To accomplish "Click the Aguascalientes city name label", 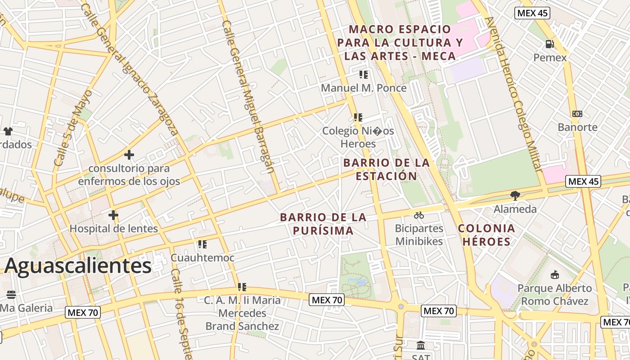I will coord(78,266).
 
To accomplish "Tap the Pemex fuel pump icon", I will coord(549,44).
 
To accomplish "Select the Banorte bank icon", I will coord(577,114).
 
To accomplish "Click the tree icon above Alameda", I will coord(515,195).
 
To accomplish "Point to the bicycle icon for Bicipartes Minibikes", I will coord(419,215).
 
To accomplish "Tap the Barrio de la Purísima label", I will coord(323,224).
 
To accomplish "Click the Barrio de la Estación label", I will coord(387,169).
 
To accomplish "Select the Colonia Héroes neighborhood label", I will coord(486,235).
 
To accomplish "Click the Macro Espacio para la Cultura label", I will coord(400,43).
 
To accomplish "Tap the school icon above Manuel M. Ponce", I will coord(364,74).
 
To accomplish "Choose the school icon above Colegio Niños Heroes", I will coord(358,117).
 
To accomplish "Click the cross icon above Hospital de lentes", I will coord(113,215).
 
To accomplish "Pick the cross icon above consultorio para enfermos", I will coord(129,155).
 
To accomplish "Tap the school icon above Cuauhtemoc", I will coord(202,244).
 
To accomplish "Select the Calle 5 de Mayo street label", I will coord(73,128).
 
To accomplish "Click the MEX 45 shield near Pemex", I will coord(532,13).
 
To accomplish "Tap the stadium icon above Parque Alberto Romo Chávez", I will coord(554,274).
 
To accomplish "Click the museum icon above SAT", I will coord(421,346).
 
